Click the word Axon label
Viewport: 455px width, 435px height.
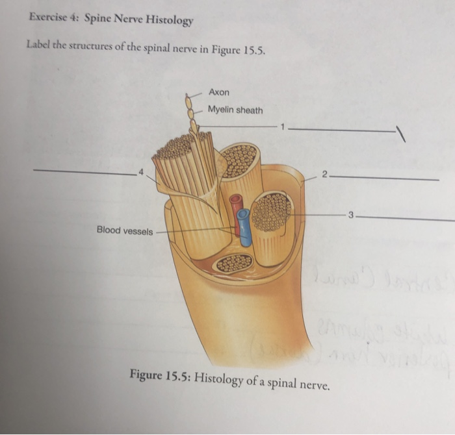click(x=219, y=93)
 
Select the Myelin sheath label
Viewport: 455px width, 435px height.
click(x=235, y=110)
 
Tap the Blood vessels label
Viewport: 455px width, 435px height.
click(x=125, y=230)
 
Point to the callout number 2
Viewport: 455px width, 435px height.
click(x=325, y=174)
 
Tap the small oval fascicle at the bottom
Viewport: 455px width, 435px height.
click(x=233, y=263)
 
